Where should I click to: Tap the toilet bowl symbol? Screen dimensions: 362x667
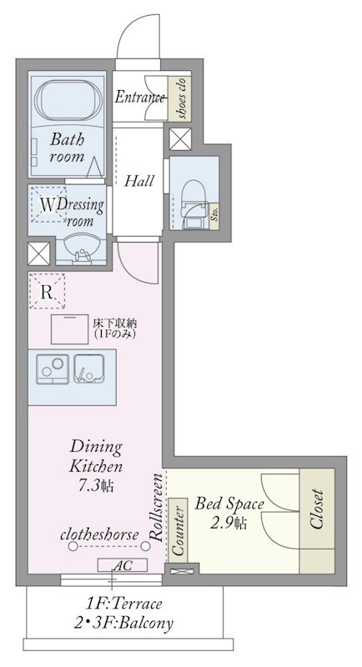pyautogui.click(x=194, y=197)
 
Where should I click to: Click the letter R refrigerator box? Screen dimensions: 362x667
pyautogui.click(x=48, y=291)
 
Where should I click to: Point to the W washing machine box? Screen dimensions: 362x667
pyautogui.click(x=48, y=204)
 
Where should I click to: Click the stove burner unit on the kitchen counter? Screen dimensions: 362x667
pyautogui.click(x=53, y=369)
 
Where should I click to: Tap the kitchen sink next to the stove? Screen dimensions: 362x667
pyautogui.click(x=89, y=369)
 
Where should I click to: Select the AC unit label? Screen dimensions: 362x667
pyautogui.click(x=123, y=565)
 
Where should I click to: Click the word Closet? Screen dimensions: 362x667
pyautogui.click(x=317, y=509)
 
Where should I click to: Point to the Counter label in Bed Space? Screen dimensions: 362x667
pyautogui.click(x=178, y=530)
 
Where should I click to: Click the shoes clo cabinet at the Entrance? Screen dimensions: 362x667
pyautogui.click(x=179, y=98)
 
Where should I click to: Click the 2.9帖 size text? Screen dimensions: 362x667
pyautogui.click(x=229, y=523)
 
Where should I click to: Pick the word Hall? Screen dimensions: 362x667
pyautogui.click(x=138, y=181)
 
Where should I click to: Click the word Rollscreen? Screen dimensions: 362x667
pyautogui.click(x=157, y=507)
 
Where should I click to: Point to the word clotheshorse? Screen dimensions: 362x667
pyautogui.click(x=99, y=534)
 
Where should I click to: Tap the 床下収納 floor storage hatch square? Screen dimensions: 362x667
pyautogui.click(x=70, y=329)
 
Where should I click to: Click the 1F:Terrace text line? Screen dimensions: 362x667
pyautogui.click(x=123, y=603)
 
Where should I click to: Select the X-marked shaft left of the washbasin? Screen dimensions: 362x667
pyautogui.click(x=38, y=253)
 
